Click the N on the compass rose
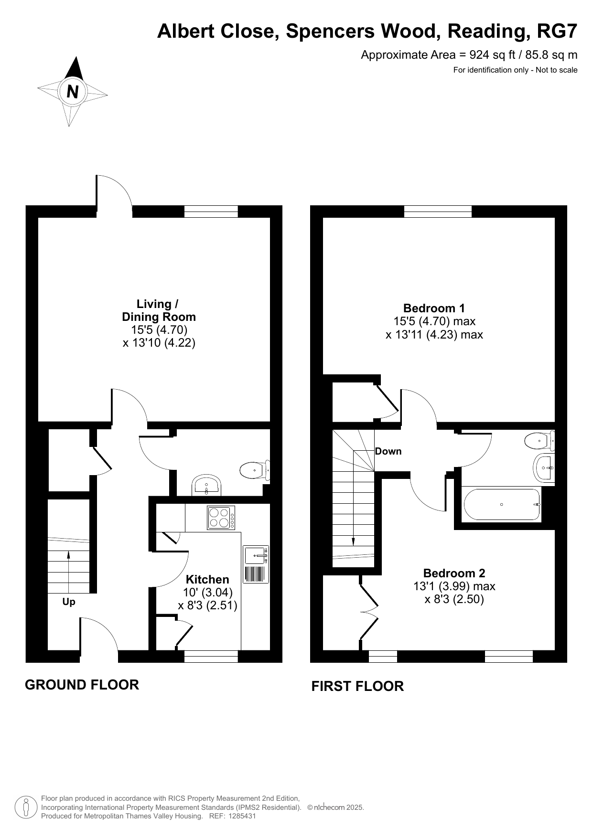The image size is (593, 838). (73, 91)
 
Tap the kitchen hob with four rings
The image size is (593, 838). (221, 518)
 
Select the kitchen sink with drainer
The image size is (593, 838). (256, 564)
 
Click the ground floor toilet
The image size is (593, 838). (255, 470)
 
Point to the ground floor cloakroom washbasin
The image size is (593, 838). (206, 485)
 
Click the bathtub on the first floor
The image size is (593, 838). (502, 504)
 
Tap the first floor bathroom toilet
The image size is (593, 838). (539, 440)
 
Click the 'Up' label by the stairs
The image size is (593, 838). (69, 602)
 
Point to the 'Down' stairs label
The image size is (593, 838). (388, 451)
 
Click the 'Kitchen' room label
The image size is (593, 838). (207, 579)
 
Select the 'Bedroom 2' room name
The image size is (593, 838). (454, 573)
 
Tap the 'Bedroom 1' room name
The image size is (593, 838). (434, 308)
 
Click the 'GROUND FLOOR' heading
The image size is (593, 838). (82, 685)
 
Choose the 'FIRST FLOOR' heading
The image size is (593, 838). (357, 686)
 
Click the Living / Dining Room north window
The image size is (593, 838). (211, 212)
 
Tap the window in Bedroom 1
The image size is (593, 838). (438, 212)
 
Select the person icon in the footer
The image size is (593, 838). (26, 807)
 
